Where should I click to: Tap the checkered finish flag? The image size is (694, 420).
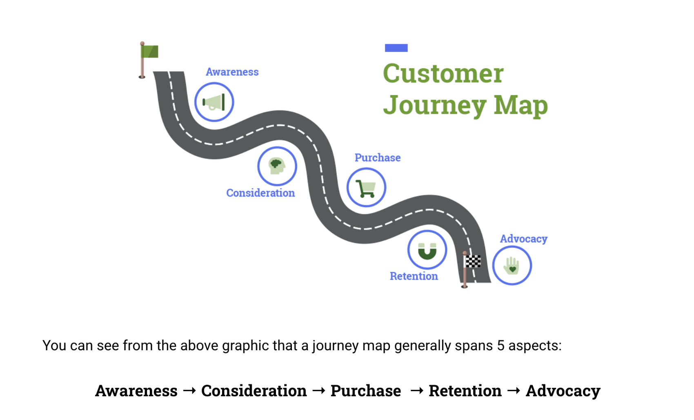click(473, 261)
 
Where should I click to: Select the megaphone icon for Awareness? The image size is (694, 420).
click(214, 102)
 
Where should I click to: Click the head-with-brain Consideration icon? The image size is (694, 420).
click(277, 166)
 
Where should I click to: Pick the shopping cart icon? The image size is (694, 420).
click(366, 188)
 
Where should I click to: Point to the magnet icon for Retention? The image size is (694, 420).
click(427, 250)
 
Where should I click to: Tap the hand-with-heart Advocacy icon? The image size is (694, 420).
click(512, 266)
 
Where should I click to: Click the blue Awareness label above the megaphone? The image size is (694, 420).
click(232, 72)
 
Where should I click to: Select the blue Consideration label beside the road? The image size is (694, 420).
click(260, 193)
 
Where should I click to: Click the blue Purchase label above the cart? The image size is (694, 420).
click(377, 158)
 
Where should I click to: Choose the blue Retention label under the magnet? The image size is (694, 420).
click(414, 276)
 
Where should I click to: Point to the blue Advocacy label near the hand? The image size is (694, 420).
click(523, 239)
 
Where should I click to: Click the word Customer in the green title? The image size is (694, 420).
click(443, 74)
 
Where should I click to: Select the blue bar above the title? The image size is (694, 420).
click(396, 48)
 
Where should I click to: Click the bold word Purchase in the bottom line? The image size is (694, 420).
click(365, 391)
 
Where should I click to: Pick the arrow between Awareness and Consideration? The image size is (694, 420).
click(189, 391)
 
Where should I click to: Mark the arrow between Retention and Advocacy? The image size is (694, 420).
click(514, 391)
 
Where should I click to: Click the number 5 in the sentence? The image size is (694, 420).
click(500, 346)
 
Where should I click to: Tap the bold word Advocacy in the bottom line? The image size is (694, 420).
click(563, 391)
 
